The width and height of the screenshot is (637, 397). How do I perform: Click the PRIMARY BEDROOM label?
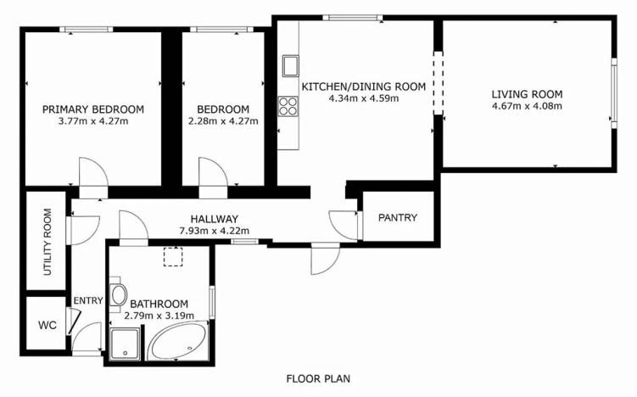click(x=93, y=109)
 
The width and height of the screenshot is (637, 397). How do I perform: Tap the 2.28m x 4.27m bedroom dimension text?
click(x=223, y=121)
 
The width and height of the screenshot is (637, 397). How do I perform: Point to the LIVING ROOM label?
click(x=527, y=94)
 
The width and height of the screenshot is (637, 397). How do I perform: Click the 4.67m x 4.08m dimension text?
click(x=527, y=106)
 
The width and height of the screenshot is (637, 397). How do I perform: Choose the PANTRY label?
click(x=398, y=218)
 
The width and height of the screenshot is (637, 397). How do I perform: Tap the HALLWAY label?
click(x=213, y=218)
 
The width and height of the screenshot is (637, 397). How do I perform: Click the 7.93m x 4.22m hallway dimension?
click(x=214, y=230)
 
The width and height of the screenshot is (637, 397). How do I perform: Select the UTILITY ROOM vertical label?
click(x=47, y=241)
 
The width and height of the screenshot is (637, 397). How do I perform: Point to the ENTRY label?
click(x=88, y=300)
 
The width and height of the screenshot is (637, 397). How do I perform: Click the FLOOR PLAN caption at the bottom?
click(x=318, y=379)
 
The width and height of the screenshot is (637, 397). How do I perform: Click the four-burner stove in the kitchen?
click(x=289, y=107)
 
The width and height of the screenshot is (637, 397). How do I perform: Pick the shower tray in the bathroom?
click(x=126, y=344)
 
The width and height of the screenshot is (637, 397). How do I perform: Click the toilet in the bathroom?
click(x=119, y=295)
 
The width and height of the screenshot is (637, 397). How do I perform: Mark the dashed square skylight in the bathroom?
click(x=174, y=257)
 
